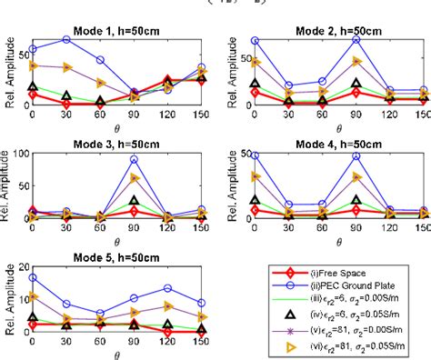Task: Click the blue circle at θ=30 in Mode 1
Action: [x=66, y=40]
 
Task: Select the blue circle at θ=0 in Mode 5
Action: [x=33, y=278]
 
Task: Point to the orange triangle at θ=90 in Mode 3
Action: [x=135, y=178]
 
